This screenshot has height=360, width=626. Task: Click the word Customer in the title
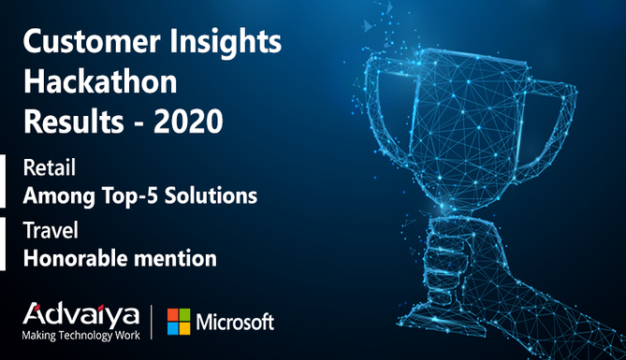click(92, 41)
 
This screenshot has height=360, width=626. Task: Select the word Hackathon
click(100, 82)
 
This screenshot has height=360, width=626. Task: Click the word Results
click(74, 122)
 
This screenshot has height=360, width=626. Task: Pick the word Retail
click(50, 167)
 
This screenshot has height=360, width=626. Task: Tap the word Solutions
click(211, 195)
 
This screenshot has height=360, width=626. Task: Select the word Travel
click(51, 230)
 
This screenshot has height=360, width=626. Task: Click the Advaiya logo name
click(81, 315)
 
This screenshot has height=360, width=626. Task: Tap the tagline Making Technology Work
click(81, 336)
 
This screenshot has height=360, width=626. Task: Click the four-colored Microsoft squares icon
click(179, 322)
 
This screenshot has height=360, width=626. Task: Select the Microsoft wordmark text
click(235, 322)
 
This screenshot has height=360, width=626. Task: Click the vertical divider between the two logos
click(152, 322)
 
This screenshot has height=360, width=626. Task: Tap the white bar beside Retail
click(3, 181)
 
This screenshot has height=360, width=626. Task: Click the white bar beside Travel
click(3, 244)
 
